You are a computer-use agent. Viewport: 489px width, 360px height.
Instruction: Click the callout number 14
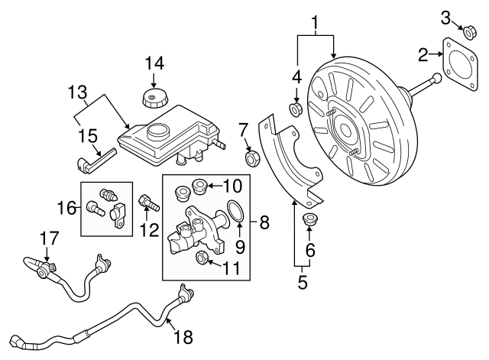(154, 63)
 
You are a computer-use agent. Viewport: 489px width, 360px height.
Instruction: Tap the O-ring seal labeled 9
(237, 212)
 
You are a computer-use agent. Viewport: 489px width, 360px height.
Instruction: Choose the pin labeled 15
(96, 162)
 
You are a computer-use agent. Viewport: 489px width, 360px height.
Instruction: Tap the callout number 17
(48, 239)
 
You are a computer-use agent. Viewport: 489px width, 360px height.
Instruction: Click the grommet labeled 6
(311, 222)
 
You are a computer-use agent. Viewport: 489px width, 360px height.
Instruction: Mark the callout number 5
(302, 284)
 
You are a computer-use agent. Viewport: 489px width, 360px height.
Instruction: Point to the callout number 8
(264, 223)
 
